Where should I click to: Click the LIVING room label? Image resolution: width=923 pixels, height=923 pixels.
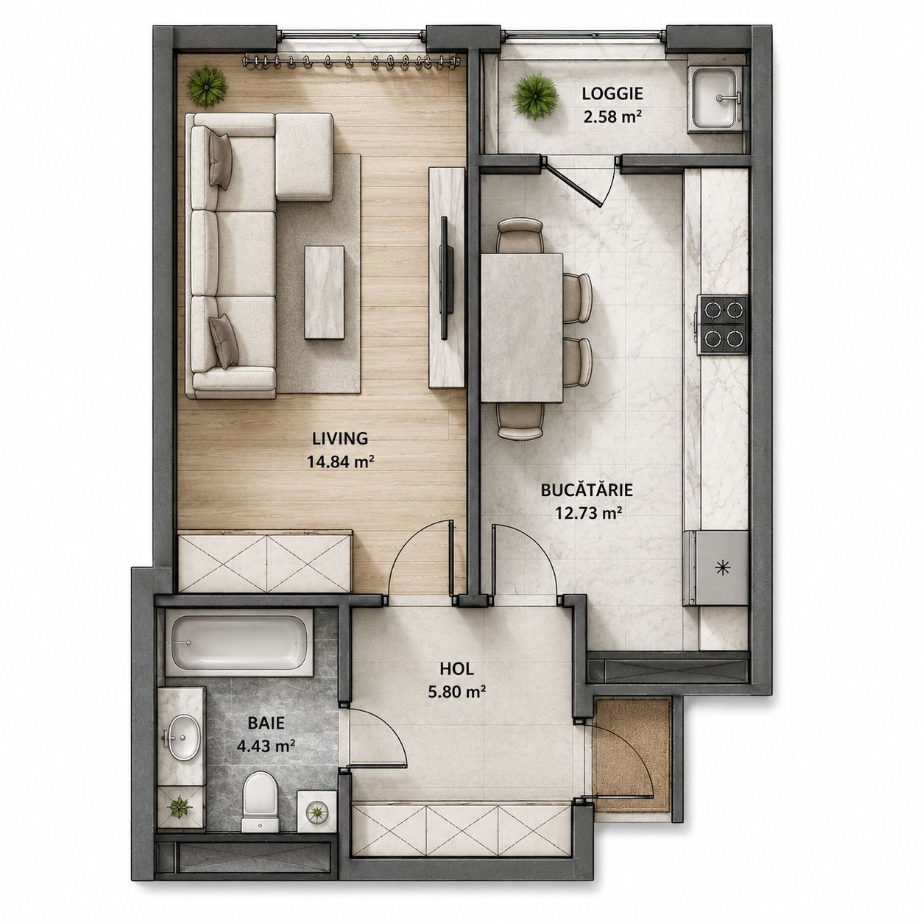coord(339,438)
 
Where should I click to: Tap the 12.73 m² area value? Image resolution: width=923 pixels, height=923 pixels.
coord(588,514)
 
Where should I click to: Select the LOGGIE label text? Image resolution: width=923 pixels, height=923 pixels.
coord(612,94)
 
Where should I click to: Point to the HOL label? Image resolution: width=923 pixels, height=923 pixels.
coord(456,668)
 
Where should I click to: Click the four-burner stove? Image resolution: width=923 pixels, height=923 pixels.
coord(724,325)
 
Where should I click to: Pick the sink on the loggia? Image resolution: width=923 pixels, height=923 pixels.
coord(714,98)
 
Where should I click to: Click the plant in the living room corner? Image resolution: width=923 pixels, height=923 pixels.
coord(206,86)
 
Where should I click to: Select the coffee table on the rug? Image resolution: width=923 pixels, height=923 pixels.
coord(325,293)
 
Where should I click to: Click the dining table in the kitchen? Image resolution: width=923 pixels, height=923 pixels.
coord(522,328)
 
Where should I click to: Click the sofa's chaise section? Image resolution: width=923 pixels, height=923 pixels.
coord(304,157)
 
